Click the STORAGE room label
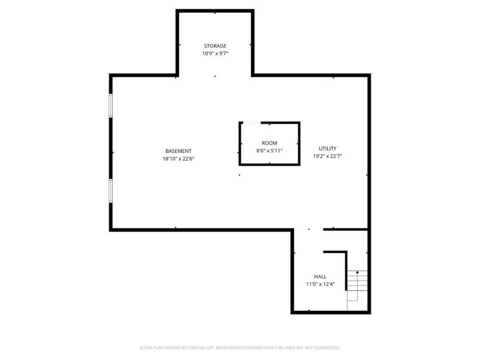[215, 46]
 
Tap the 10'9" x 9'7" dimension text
[215, 53]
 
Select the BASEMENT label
[179, 151]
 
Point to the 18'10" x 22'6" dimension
[179, 158]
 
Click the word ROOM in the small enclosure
[269, 143]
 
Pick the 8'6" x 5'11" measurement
[269, 151]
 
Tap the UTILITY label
[328, 148]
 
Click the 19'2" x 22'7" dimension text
[328, 156]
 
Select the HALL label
[320, 277]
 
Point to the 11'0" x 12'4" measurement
[320, 284]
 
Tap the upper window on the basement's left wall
[110, 105]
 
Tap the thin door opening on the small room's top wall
[251, 123]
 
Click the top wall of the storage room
[215, 11]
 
